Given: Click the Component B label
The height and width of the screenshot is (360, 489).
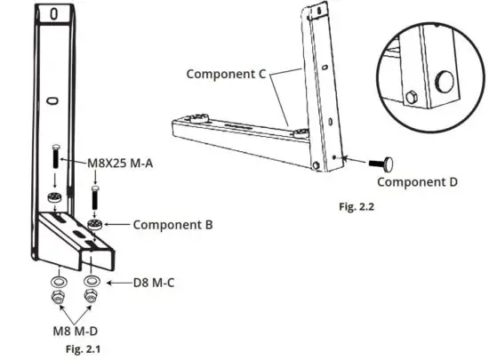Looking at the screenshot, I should pyautogui.click(x=172, y=225).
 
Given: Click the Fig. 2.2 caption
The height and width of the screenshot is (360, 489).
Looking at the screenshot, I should pyautogui.click(x=359, y=206).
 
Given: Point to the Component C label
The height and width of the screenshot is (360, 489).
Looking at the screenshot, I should pyautogui.click(x=227, y=74).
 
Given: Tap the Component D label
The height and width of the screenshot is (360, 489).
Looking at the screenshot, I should pyautogui.click(x=418, y=181).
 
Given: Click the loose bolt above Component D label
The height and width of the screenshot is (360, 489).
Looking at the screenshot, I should pyautogui.click(x=385, y=162).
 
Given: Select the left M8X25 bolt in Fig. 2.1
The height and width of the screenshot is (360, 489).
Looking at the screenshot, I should pyautogui.click(x=56, y=160).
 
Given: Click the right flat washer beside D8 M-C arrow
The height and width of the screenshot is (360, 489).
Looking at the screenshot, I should pyautogui.click(x=91, y=283).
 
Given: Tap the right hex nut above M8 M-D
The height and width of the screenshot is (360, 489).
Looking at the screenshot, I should pyautogui.click(x=91, y=297).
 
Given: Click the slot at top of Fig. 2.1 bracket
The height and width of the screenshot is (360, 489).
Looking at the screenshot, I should pyautogui.click(x=54, y=13).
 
